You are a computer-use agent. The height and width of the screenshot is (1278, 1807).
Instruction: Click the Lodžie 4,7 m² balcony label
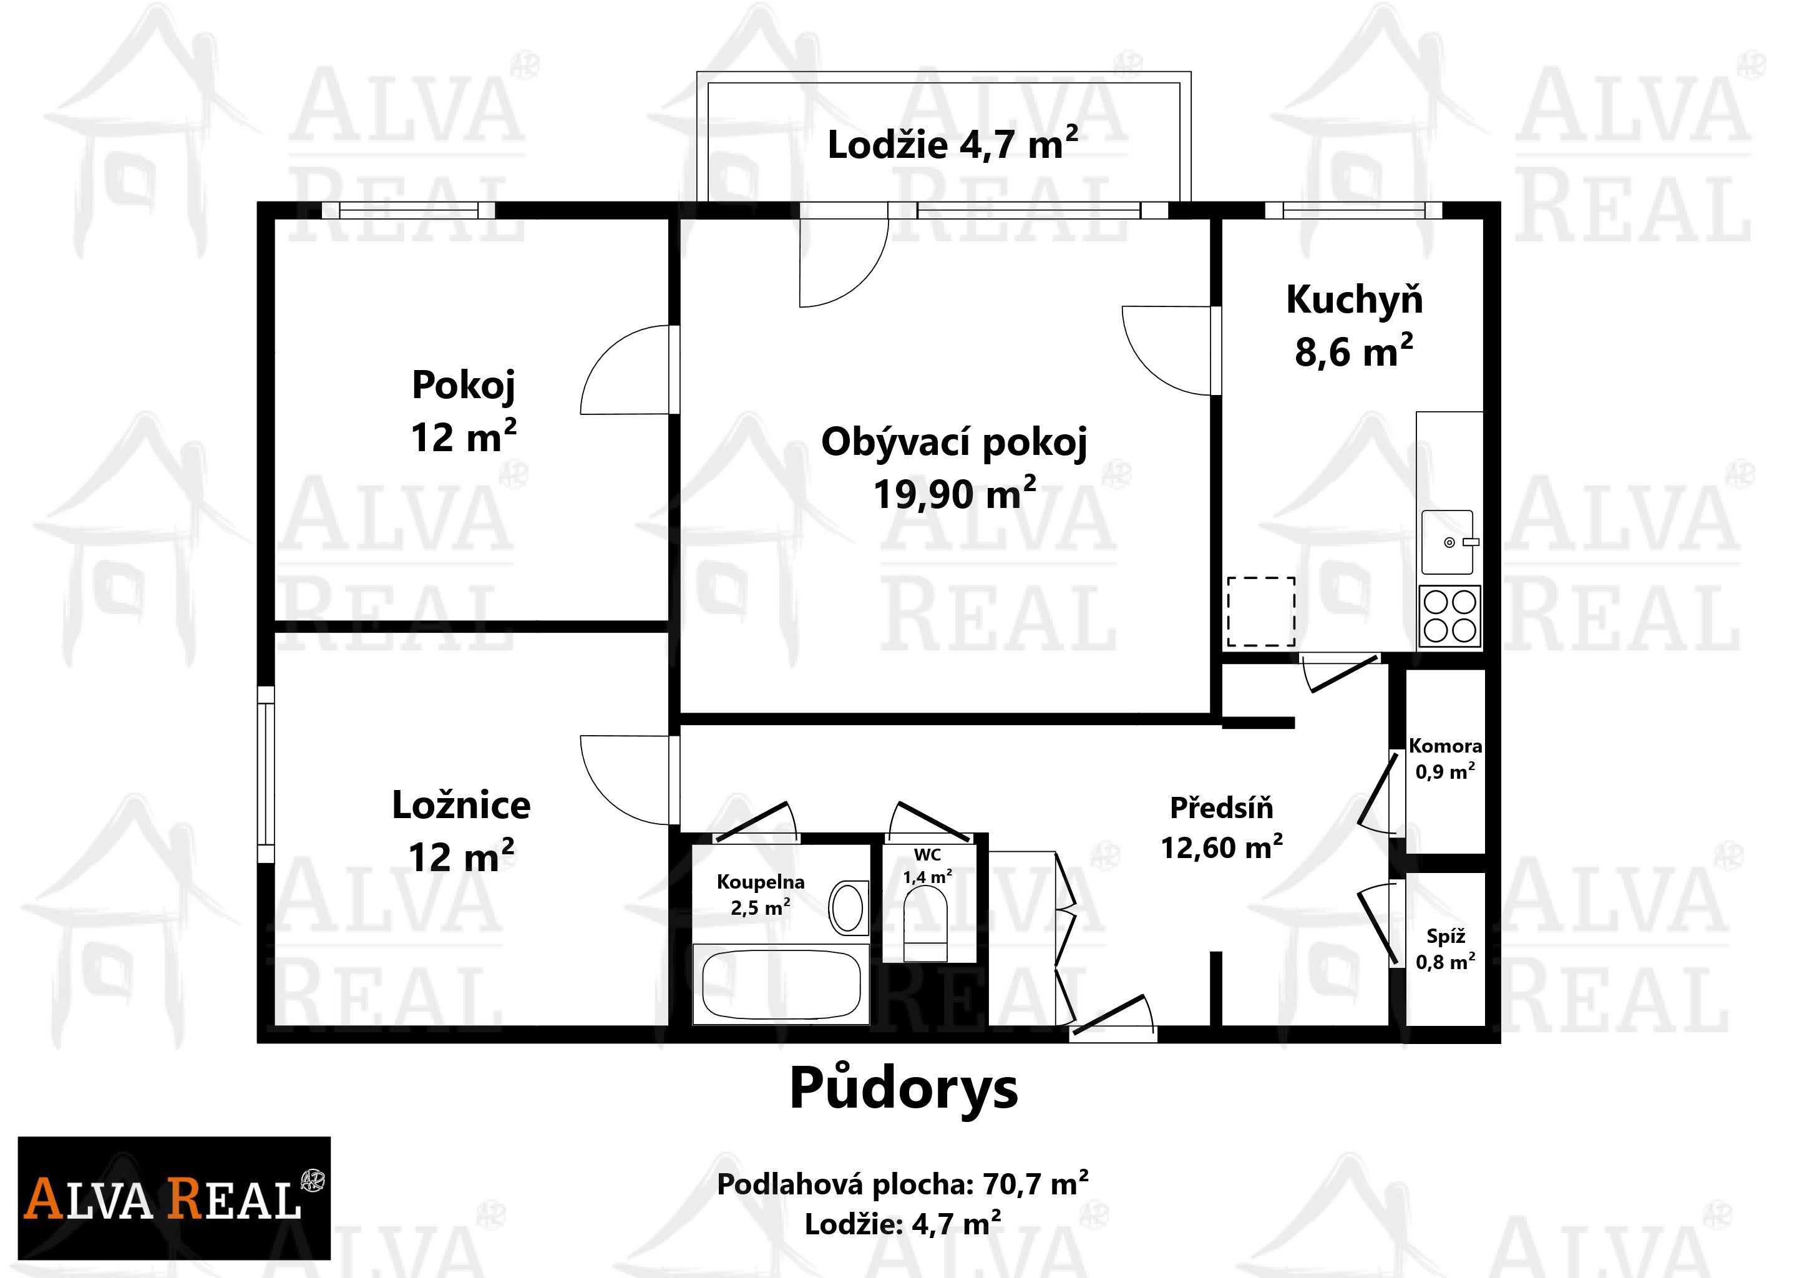[952, 144]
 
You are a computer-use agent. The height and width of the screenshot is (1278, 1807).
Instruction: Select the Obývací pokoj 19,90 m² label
[955, 467]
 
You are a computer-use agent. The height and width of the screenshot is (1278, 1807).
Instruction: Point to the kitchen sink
[1448, 542]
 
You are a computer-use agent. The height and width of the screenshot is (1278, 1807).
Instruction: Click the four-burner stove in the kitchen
[1449, 617]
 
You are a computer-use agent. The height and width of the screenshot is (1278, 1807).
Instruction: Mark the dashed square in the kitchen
[1261, 612]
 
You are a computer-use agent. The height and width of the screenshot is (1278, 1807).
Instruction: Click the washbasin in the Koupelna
[849, 907]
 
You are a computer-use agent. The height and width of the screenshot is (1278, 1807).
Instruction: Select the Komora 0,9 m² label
[1445, 759]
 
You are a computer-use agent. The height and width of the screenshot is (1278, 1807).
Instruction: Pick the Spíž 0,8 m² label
[1446, 949]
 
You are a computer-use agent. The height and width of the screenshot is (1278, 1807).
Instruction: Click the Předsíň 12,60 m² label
[1222, 827]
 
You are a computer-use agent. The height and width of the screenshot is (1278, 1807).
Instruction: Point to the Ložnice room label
[461, 805]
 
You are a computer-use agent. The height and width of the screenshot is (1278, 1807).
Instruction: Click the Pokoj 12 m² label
[464, 411]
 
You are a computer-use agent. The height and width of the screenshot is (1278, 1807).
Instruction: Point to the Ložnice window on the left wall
[266, 774]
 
